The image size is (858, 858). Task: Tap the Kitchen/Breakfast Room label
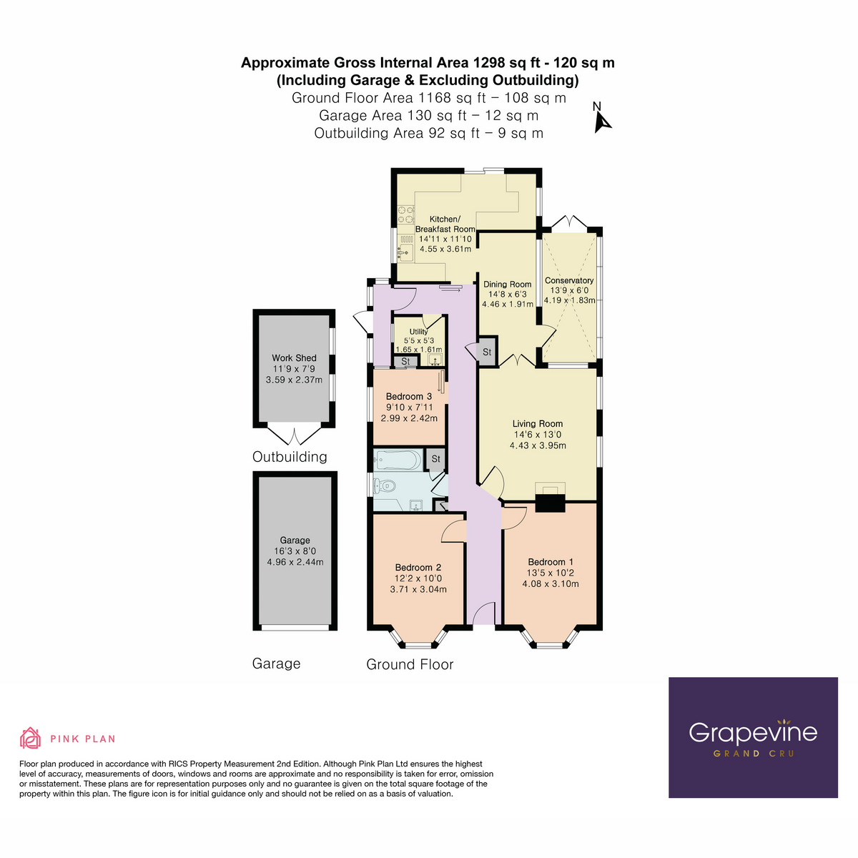click(445, 224)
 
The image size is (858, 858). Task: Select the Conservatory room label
click(569, 280)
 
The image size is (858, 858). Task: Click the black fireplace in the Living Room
click(550, 501)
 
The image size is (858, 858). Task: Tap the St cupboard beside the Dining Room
click(487, 352)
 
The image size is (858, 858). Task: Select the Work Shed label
click(294, 357)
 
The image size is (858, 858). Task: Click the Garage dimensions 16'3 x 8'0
click(295, 551)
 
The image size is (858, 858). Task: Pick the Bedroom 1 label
click(551, 562)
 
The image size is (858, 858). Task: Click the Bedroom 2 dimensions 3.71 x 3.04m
click(418, 589)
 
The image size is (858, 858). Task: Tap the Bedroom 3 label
click(408, 396)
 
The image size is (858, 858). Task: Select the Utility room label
click(419, 331)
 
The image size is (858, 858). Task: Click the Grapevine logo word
click(752, 732)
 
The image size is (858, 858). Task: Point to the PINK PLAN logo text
click(82, 739)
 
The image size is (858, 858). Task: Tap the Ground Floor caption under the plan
click(410, 664)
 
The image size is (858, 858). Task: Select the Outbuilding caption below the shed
click(290, 457)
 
